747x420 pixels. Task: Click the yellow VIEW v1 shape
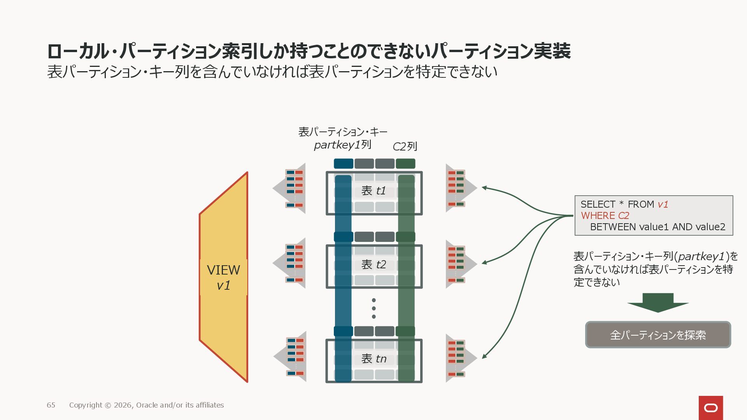click(x=224, y=277)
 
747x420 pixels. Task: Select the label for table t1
click(x=373, y=191)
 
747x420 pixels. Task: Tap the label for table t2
click(x=373, y=264)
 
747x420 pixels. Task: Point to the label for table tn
click(x=373, y=359)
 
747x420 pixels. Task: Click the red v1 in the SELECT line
click(x=663, y=205)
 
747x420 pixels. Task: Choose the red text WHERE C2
click(x=605, y=216)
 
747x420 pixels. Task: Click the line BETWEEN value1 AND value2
click(x=658, y=227)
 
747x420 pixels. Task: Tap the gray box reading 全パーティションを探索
click(x=658, y=335)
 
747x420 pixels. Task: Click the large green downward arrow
click(x=658, y=303)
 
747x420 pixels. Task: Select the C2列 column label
click(x=405, y=147)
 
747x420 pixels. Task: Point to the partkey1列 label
click(x=342, y=145)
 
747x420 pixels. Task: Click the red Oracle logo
click(x=711, y=408)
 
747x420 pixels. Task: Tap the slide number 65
click(x=51, y=405)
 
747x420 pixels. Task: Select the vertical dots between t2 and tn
click(x=373, y=308)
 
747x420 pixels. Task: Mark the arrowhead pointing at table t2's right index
click(x=484, y=263)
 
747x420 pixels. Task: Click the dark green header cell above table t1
click(x=405, y=164)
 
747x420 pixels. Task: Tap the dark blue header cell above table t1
click(x=344, y=164)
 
